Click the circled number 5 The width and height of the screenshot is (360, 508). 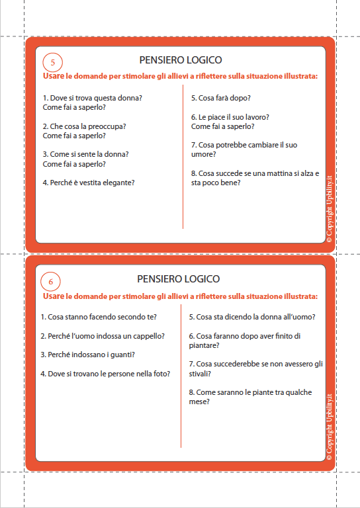(x=52, y=62)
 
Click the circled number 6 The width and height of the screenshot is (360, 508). (x=51, y=281)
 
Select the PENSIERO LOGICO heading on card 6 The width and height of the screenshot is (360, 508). (x=179, y=279)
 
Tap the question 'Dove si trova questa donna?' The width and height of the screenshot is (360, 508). (x=93, y=98)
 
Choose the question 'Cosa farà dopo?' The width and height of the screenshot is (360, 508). (x=220, y=98)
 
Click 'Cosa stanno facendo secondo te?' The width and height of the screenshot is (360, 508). (x=99, y=317)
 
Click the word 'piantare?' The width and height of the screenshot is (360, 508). (x=204, y=345)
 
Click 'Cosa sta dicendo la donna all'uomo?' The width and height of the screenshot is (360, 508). (x=251, y=317)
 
